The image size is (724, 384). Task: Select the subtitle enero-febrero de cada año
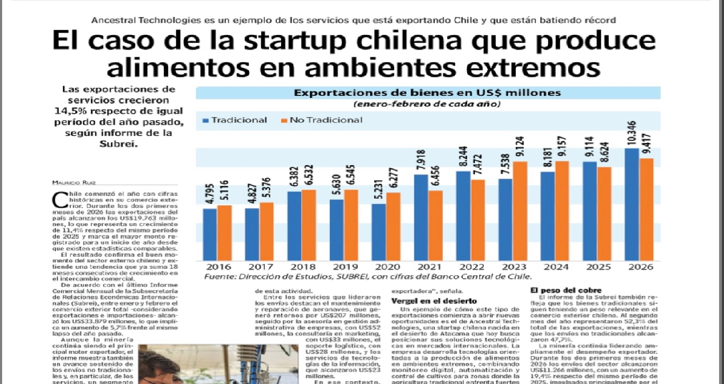[x=426, y=104]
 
